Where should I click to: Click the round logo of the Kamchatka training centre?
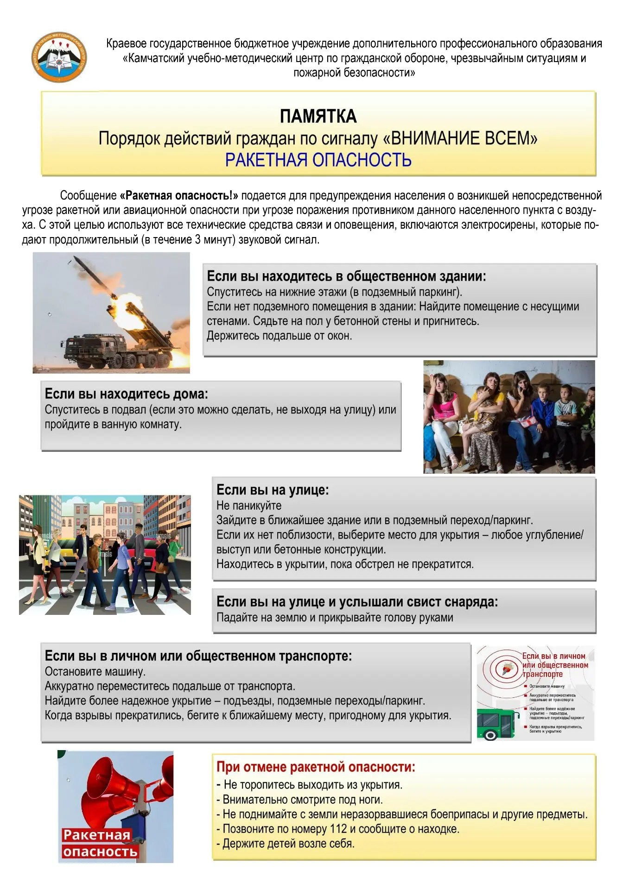pos(59,58)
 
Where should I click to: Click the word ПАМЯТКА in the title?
pos(318,116)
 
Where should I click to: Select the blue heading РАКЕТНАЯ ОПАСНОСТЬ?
pos(318,160)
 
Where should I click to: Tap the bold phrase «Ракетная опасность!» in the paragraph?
pos(179,195)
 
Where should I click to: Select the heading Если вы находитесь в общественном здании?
pos(346,276)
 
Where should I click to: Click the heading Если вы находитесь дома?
pos(126,394)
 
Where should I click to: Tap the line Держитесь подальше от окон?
pos(279,336)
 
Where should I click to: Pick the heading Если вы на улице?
pos(273,490)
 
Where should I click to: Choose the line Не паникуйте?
pos(249,506)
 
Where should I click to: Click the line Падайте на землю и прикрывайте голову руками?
pos(335,618)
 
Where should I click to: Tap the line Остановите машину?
pos(95,671)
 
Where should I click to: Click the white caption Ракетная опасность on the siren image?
pos(99,843)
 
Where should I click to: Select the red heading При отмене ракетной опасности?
pos(316,767)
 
